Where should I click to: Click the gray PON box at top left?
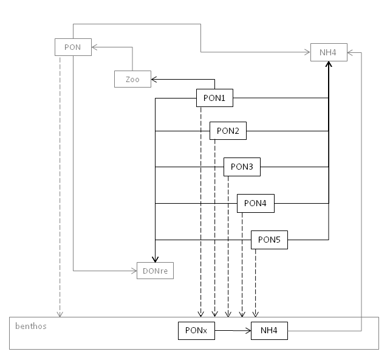pyautogui.click(x=73, y=47)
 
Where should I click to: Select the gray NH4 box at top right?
pyautogui.click(x=328, y=52)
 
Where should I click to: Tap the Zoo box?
pyautogui.click(x=132, y=79)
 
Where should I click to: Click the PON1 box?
pyautogui.click(x=214, y=97)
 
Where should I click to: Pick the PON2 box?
pyautogui.click(x=228, y=131)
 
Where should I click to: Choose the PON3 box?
pyautogui.click(x=242, y=167)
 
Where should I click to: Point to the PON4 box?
pyautogui.click(x=256, y=203)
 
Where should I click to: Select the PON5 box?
pyautogui.click(x=270, y=240)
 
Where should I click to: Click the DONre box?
pyautogui.click(x=155, y=271)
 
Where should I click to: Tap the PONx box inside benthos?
pyautogui.click(x=196, y=331)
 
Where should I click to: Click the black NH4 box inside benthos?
pyautogui.click(x=269, y=331)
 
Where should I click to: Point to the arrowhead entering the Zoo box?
pyautogui.click(x=154, y=79)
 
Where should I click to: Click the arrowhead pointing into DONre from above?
pyautogui.click(x=155, y=259)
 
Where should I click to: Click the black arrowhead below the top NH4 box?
pyautogui.click(x=329, y=64)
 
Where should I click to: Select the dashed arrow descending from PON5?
pyautogui.click(x=256, y=280)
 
